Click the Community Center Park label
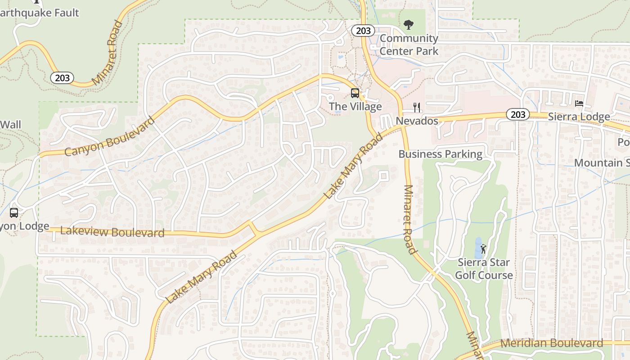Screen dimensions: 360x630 [x=409, y=45]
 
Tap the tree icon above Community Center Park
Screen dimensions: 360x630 [x=409, y=24]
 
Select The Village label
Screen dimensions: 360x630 [x=355, y=107]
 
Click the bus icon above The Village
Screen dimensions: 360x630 [x=355, y=93]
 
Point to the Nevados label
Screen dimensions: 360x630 [x=417, y=121]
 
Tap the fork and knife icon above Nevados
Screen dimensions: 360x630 [x=417, y=108]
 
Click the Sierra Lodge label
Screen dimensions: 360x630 [x=579, y=117]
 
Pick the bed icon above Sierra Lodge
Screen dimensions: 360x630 [x=579, y=103]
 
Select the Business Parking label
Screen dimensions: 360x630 [x=440, y=154]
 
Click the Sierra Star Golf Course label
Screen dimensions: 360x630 [x=484, y=269]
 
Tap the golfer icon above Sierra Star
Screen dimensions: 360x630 [x=483, y=248]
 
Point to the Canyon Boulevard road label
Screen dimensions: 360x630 [x=110, y=136]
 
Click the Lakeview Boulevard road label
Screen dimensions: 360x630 [x=112, y=232]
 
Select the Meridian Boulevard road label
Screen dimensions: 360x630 [x=551, y=343]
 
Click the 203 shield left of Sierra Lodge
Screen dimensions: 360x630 [x=517, y=114]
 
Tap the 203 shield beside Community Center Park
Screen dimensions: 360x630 [x=363, y=31]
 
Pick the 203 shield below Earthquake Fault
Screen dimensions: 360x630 [x=62, y=78]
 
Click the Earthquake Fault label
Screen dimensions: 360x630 [x=40, y=13]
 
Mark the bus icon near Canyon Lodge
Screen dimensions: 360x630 [x=14, y=212]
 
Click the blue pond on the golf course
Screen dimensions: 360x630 [x=478, y=247]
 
